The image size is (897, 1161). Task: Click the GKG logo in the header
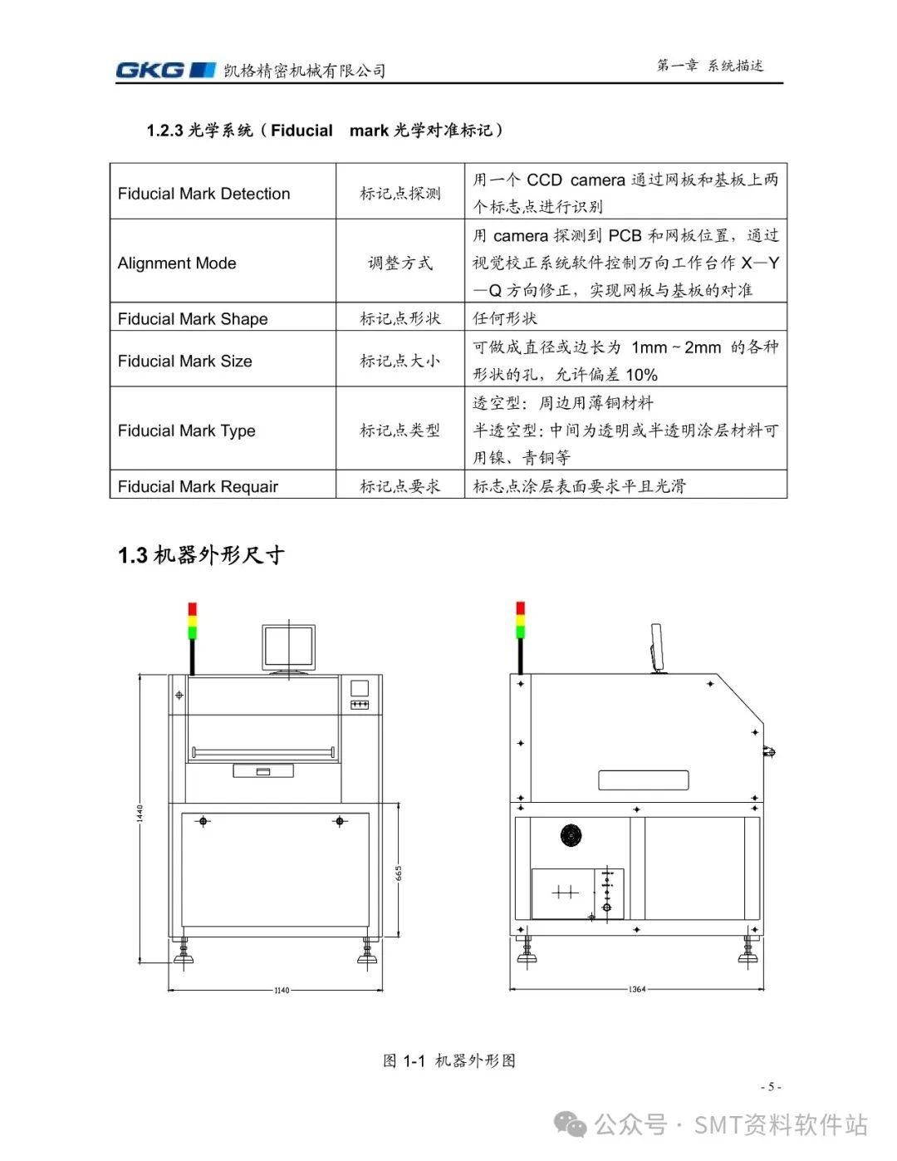[164, 70]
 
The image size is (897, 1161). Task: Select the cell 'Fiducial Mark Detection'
[203, 194]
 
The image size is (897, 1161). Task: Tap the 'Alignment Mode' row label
[177, 263]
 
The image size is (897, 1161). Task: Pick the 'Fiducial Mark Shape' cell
[193, 319]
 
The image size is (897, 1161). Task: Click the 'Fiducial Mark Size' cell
[184, 362]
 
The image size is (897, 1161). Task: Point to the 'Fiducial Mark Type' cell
[186, 430]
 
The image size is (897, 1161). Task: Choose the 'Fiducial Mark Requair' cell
[198, 487]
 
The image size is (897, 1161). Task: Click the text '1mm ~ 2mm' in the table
[675, 347]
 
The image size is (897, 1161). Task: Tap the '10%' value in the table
[641, 375]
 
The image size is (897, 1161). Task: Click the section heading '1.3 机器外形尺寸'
[201, 555]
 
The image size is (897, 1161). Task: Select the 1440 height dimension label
[141, 813]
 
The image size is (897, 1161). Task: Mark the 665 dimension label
[399, 873]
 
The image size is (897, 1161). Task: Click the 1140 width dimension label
[282, 990]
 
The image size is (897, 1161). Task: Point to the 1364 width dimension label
[637, 989]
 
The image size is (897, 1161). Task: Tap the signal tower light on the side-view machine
[521, 621]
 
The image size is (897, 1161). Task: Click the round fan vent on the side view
[571, 835]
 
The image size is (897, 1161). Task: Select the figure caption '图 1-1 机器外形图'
[449, 1060]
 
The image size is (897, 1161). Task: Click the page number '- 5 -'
[771, 1087]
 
